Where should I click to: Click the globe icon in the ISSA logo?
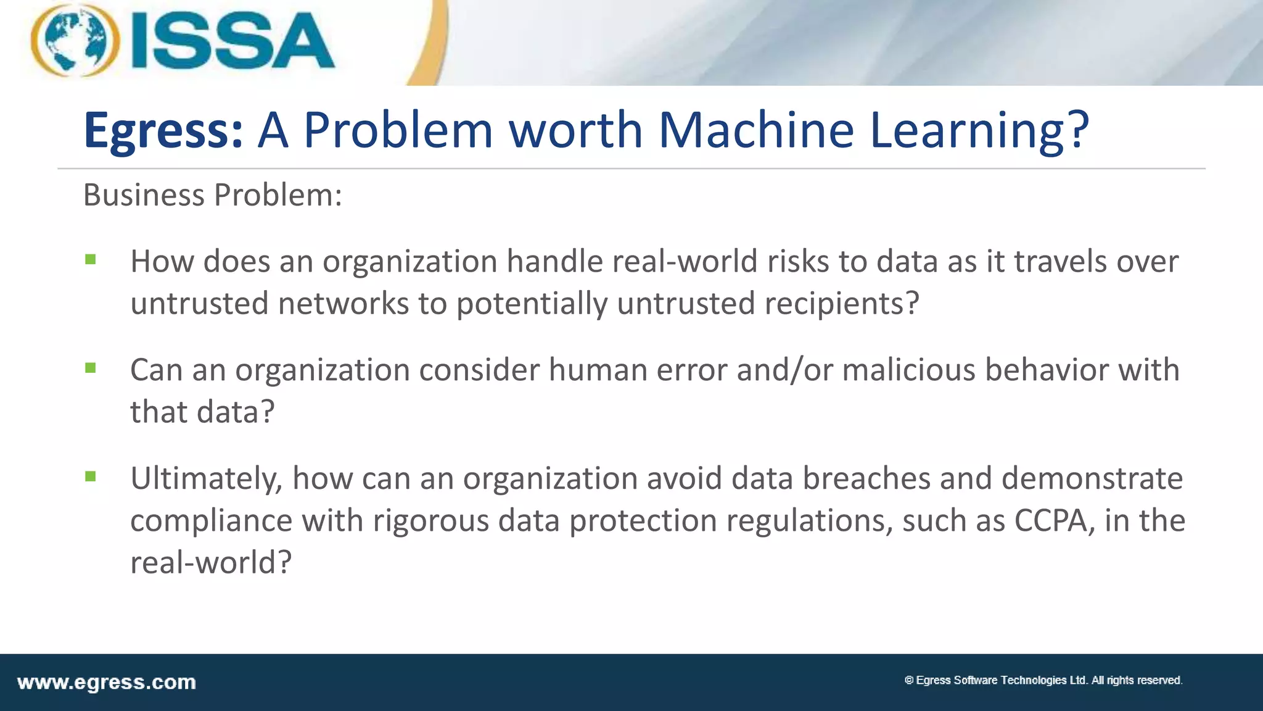[75, 41]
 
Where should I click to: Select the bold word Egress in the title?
[163, 130]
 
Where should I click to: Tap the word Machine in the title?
[756, 130]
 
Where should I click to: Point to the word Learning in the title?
[979, 130]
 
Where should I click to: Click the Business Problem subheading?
[212, 195]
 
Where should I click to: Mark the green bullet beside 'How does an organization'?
[91, 260]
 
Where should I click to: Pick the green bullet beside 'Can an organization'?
[91, 368]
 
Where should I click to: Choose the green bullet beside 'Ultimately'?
[91, 476]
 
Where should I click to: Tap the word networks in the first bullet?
[343, 304]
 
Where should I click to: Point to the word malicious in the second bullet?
[908, 370]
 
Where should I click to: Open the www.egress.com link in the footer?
[107, 683]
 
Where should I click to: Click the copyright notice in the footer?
[1043, 680]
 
